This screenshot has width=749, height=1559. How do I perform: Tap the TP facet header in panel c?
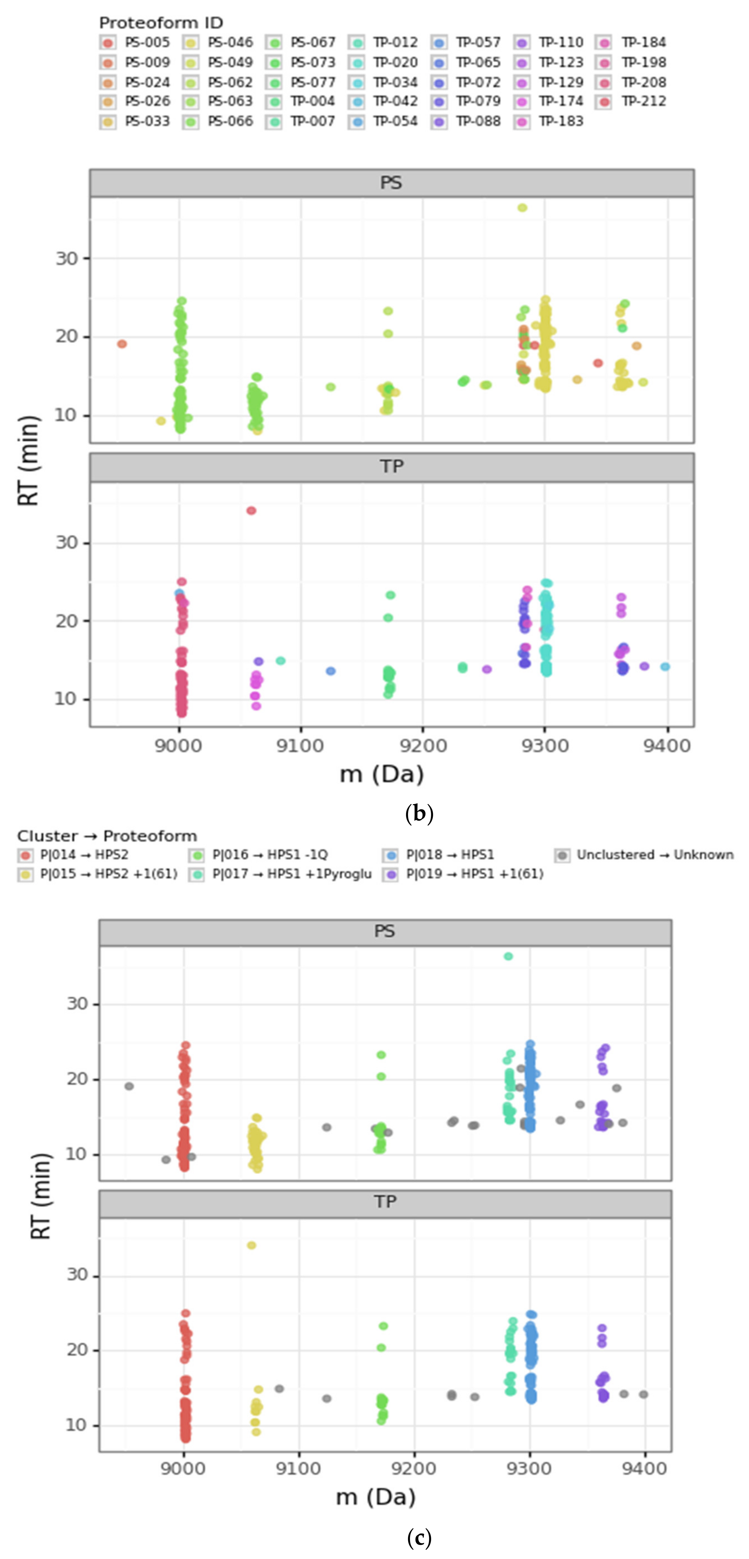pyautogui.click(x=385, y=1201)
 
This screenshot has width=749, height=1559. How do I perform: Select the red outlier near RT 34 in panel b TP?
pyautogui.click(x=251, y=511)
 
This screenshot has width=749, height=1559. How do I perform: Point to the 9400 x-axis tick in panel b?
pyautogui.click(x=667, y=746)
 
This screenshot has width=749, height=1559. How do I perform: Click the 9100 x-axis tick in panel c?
pyautogui.click(x=298, y=1469)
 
